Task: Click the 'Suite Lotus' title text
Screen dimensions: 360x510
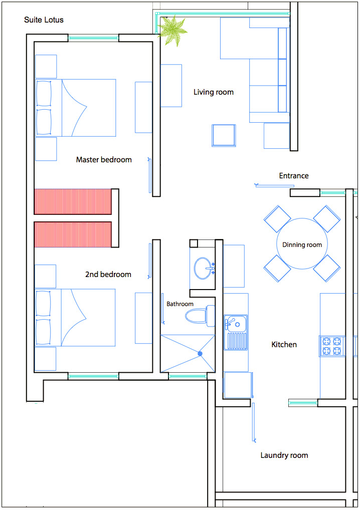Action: coord(44,20)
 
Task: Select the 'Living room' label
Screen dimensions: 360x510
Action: coord(214,92)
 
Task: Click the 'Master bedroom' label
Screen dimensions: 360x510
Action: coord(104,160)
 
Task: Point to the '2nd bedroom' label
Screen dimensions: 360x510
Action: coord(108,275)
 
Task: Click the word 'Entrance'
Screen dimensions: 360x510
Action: coord(294,176)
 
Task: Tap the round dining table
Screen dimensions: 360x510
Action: coord(302,244)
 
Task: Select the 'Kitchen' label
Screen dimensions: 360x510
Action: coord(284,345)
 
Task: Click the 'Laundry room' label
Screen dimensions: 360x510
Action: coord(284,455)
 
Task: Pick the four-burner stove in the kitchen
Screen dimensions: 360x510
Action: coord(332,346)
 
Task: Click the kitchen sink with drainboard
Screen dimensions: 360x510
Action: coord(236,333)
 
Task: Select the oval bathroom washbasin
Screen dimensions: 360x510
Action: coord(203,269)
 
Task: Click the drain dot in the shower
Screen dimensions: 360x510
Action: coord(200,354)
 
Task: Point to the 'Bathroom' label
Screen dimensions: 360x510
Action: coord(179,304)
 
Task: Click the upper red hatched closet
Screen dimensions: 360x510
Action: coord(73,202)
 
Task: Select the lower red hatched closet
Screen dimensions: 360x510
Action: coord(73,234)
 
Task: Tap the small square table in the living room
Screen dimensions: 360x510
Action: coord(224,135)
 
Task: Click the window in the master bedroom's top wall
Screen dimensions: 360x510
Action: coord(93,38)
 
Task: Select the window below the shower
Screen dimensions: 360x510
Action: coord(188,376)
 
